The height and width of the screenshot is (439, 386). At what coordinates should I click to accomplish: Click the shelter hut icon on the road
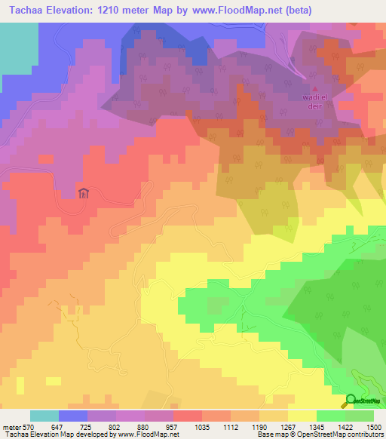click(84, 192)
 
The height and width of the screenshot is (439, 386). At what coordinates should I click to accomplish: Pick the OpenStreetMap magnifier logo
click(350, 401)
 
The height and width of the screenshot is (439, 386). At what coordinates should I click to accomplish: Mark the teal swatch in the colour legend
click(44, 416)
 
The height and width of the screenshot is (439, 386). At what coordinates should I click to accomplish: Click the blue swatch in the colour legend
click(73, 416)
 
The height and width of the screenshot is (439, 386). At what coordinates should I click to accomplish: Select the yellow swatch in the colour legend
click(302, 416)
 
